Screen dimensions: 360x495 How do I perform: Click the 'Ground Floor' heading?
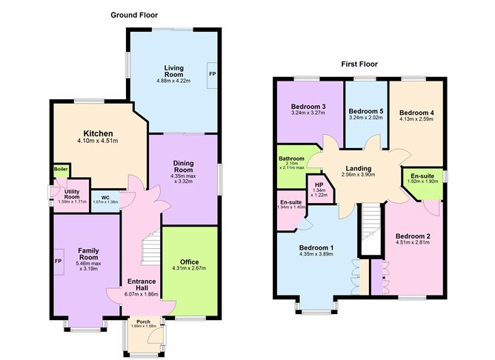(x=133, y=15)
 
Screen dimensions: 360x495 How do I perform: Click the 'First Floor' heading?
(x=359, y=64)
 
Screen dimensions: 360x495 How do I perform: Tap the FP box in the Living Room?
(x=212, y=75)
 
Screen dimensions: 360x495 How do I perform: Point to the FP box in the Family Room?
(x=58, y=261)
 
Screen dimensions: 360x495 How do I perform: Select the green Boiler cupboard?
(x=60, y=170)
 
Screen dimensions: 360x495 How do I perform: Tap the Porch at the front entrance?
(x=143, y=321)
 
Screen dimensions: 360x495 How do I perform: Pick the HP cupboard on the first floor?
(x=319, y=186)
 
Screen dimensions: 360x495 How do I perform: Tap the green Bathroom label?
(x=292, y=159)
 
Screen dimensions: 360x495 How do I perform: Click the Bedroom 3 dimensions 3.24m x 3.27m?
(x=304, y=115)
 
